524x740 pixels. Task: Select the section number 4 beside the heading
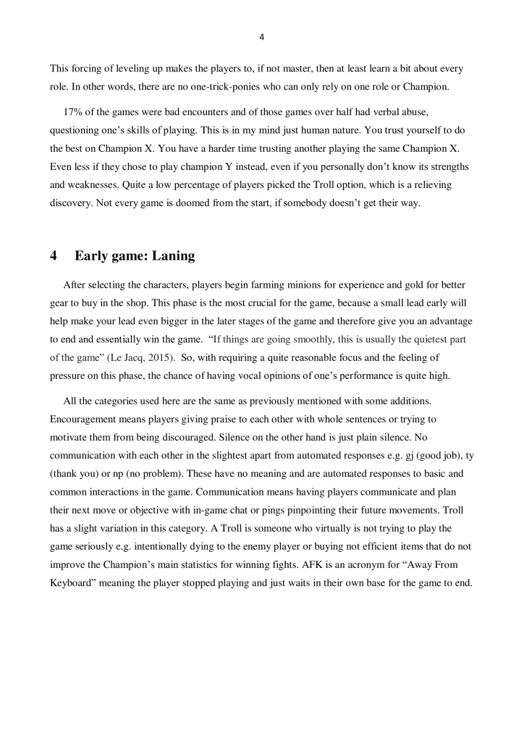[x=54, y=255]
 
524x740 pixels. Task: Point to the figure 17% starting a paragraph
[x=75, y=110]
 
